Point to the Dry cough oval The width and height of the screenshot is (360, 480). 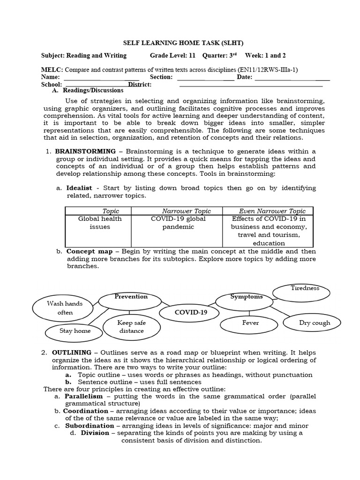[314, 322]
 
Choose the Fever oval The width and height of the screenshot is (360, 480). [250, 323]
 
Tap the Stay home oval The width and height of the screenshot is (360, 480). [75, 331]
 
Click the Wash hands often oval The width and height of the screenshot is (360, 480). [65, 308]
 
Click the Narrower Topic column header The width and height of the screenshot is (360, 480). [186, 211]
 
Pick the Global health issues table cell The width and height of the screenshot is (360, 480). [99, 223]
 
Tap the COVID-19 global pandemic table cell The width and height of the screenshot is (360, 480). [178, 223]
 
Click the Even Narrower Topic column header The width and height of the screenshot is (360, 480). [272, 211]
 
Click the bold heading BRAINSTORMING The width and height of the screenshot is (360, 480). [85, 151]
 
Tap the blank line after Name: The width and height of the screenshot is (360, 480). [101, 77]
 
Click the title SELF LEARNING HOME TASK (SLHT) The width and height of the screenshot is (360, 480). [180, 42]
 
